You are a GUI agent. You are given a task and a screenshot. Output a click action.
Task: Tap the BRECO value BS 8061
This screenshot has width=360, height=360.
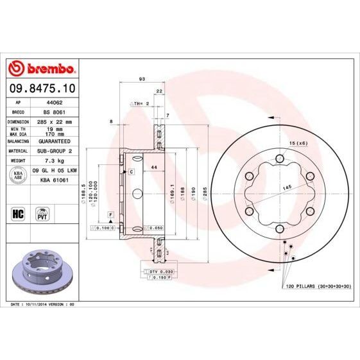coord(53,111)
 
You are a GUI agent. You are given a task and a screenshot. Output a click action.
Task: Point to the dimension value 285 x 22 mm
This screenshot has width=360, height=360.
coord(53,121)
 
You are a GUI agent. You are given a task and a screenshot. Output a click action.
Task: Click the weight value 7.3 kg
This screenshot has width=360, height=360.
coord(53,160)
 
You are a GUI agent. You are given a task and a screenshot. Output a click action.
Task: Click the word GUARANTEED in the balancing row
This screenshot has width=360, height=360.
coord(53,141)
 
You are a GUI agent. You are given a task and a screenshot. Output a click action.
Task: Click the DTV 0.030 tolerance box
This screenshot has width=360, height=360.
coord(158,272)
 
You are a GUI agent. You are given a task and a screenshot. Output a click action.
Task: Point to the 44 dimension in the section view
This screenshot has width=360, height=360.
coord(154,167)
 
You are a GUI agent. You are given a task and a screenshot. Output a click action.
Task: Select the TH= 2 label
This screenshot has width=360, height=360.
coord(142,103)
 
